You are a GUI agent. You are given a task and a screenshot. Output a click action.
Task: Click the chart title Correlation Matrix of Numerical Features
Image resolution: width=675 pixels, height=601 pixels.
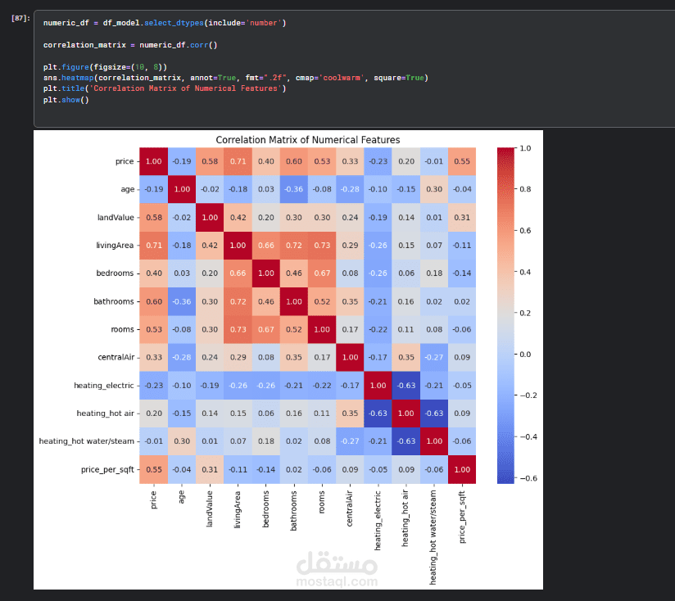tap(307, 140)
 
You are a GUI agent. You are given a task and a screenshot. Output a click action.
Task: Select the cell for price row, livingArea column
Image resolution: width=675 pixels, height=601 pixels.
tap(237, 162)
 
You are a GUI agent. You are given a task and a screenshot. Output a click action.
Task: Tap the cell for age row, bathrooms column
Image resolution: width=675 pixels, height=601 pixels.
tap(292, 190)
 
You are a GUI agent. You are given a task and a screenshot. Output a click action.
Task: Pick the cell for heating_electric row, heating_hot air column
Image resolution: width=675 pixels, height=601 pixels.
tap(405, 386)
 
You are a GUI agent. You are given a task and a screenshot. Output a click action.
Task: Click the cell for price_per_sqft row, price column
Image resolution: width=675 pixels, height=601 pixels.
tap(153, 470)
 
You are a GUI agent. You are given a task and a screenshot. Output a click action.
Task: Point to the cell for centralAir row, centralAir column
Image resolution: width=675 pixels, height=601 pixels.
tap(349, 358)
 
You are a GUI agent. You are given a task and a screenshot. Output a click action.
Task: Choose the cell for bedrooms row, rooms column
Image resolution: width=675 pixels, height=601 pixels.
tap(321, 274)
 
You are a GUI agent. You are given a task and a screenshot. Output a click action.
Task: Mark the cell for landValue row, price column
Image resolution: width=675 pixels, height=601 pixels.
tap(153, 218)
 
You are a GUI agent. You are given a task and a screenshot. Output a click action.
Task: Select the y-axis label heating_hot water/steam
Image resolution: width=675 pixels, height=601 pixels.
tap(87, 442)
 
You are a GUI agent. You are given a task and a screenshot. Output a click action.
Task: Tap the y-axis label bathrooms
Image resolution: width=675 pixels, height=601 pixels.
tap(112, 302)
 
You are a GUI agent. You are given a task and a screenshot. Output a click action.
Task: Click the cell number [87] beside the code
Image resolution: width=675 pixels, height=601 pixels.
tap(21, 17)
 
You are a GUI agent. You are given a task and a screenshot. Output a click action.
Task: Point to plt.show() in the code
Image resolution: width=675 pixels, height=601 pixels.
tap(66, 100)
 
